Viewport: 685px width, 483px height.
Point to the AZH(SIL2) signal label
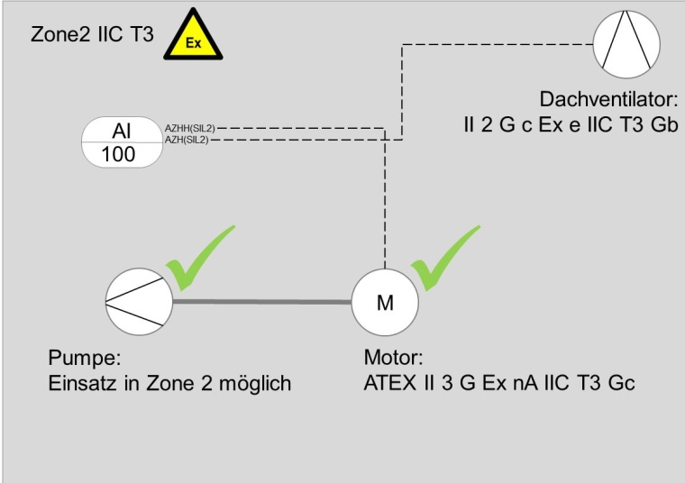(187, 140)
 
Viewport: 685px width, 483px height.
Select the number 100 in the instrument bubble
(118, 153)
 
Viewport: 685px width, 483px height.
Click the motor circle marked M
(385, 302)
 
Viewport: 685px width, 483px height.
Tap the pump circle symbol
(138, 302)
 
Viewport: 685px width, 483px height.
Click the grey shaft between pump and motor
(260, 302)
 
